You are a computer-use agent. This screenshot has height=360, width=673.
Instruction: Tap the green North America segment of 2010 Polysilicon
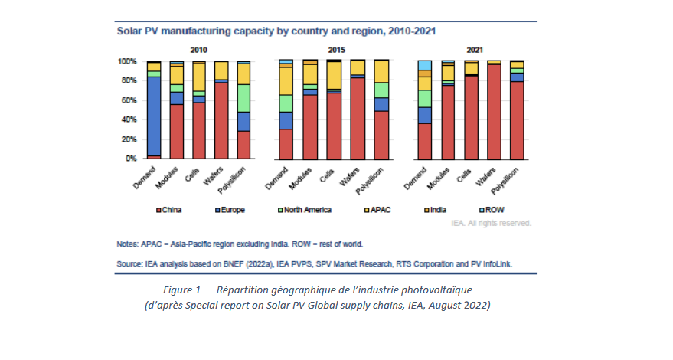coord(222,98)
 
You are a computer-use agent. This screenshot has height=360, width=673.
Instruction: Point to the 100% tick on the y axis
coord(127,61)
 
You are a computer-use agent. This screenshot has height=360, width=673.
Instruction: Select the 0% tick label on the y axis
coord(130,159)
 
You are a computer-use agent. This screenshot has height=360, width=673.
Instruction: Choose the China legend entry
coord(171,208)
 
